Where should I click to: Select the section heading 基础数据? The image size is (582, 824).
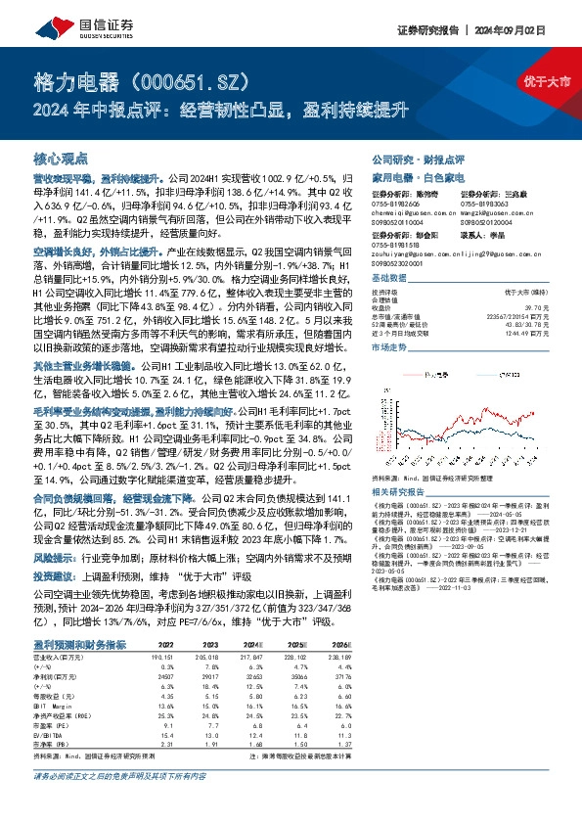pyautogui.click(x=389, y=278)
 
